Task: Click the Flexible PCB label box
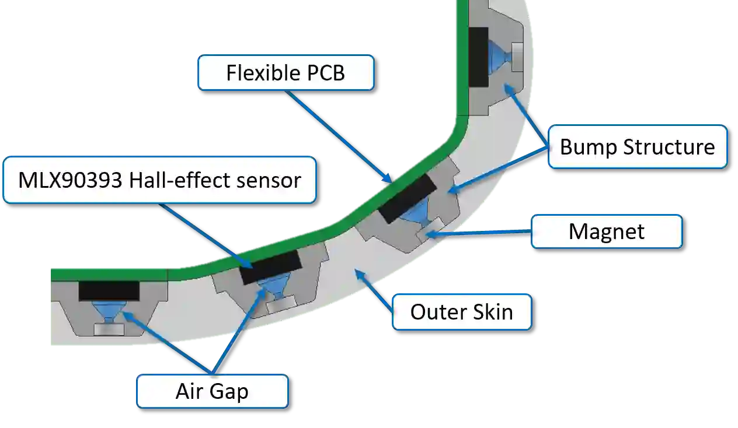[286, 73]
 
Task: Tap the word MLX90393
[69, 180]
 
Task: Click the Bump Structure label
[637, 146]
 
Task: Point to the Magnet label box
[607, 231]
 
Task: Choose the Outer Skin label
[461, 312]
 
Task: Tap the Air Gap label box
[212, 391]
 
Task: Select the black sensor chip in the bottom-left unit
[109, 290]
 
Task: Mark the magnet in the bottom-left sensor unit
[109, 329]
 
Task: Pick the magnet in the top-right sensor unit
[518, 57]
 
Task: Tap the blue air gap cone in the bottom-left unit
[109, 310]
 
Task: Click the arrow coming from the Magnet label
[479, 233]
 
